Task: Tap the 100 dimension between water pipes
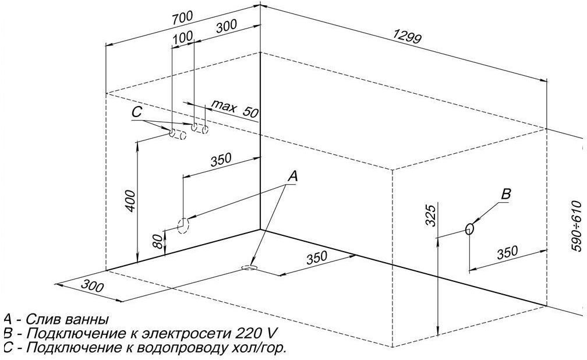[x=182, y=37]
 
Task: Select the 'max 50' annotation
[x=234, y=108]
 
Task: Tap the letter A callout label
[x=293, y=175]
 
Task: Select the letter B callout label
[x=506, y=195]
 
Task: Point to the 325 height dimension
[x=430, y=216]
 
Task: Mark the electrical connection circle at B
[x=469, y=229]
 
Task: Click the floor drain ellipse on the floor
[x=249, y=267]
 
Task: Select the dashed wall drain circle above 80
[x=183, y=225]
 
